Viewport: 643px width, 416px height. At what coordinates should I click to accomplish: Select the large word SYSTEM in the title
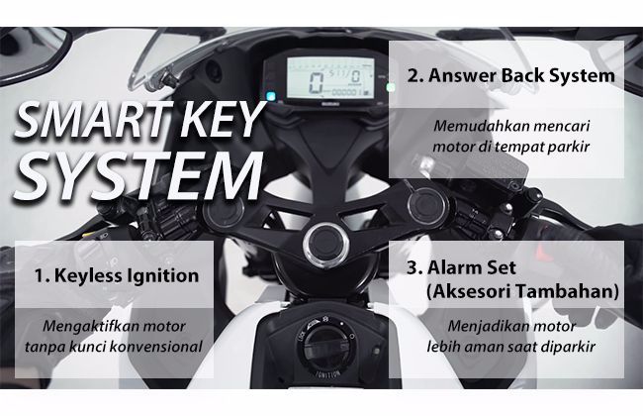138,176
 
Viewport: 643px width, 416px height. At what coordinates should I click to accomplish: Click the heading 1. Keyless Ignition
117,275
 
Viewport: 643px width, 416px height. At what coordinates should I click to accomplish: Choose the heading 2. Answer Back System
511,75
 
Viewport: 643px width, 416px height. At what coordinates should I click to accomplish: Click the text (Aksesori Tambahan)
522,291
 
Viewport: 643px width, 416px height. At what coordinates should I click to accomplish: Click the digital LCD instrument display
330,78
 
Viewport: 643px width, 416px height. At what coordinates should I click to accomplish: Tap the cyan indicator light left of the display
270,96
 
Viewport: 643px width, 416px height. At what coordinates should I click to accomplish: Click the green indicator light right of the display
391,87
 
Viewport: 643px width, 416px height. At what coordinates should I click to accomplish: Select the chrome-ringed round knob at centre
326,244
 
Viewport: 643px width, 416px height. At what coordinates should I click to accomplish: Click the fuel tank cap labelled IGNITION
326,346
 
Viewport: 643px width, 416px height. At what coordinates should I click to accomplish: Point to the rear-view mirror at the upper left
31,53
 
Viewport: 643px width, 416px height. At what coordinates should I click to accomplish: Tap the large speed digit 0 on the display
317,82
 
